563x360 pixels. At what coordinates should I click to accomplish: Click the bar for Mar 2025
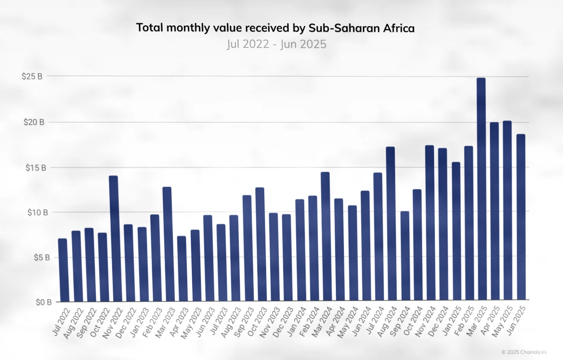(x=481, y=189)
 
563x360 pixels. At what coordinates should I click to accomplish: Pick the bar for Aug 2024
(x=390, y=223)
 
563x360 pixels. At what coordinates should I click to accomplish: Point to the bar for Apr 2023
(x=182, y=269)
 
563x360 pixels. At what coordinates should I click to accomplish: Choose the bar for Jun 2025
(x=521, y=217)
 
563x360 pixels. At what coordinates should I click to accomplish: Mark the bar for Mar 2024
(x=325, y=237)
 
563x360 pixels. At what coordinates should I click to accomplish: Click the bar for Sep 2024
(x=405, y=256)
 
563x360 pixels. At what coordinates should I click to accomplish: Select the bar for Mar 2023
(x=167, y=244)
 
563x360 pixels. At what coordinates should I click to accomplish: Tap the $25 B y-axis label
(x=32, y=77)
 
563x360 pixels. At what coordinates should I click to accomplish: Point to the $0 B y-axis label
(x=43, y=302)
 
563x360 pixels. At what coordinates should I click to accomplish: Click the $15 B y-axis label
(x=36, y=168)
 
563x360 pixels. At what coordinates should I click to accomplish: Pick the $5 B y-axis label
(x=42, y=258)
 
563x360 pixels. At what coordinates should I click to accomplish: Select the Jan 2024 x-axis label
(x=297, y=322)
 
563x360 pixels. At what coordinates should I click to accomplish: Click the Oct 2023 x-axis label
(x=257, y=322)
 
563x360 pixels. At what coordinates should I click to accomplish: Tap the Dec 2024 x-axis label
(x=438, y=322)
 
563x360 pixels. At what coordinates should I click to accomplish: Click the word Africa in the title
(x=399, y=28)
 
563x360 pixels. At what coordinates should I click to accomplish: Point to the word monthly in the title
(x=188, y=28)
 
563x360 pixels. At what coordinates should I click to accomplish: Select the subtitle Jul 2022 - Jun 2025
(x=277, y=44)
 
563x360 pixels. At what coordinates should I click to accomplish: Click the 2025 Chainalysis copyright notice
(x=524, y=352)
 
